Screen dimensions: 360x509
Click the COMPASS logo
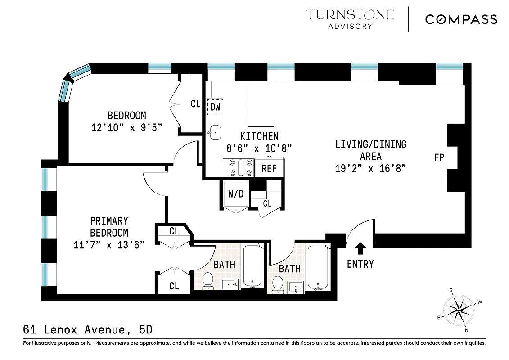[461, 19]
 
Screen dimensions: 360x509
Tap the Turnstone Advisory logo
[350, 19]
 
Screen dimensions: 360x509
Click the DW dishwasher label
[215, 107]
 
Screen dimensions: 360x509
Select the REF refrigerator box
[269, 168]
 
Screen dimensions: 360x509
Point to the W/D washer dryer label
[235, 195]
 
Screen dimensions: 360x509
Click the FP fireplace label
[439, 157]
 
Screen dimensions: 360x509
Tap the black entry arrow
[360, 248]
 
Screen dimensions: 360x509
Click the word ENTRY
[360, 264]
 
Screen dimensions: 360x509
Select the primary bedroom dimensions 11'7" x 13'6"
[109, 245]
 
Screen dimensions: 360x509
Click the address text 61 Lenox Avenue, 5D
[88, 330]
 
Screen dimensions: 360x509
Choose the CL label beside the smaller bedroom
[195, 104]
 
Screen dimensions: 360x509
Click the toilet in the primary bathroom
[207, 280]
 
